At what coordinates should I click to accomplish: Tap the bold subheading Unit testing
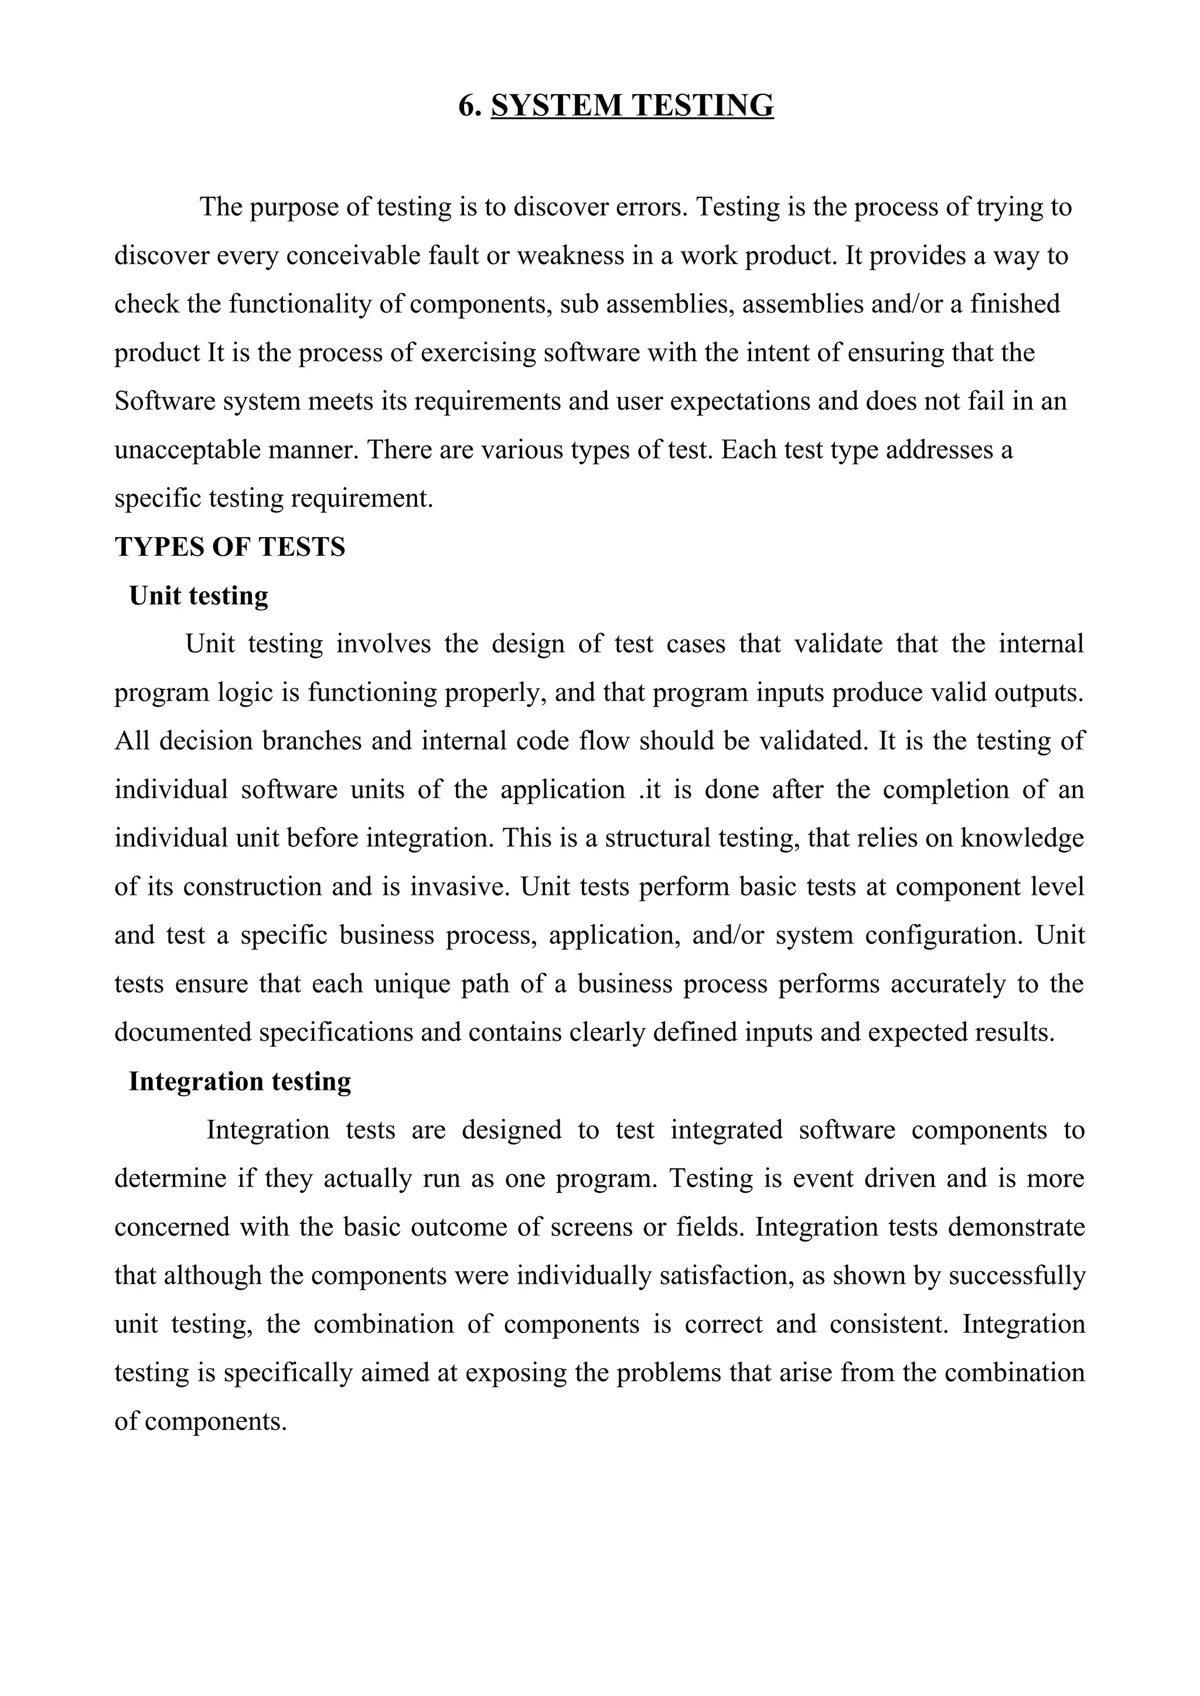(198, 596)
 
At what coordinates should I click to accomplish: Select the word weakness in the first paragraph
(558, 255)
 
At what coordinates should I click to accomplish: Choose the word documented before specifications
(183, 1032)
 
